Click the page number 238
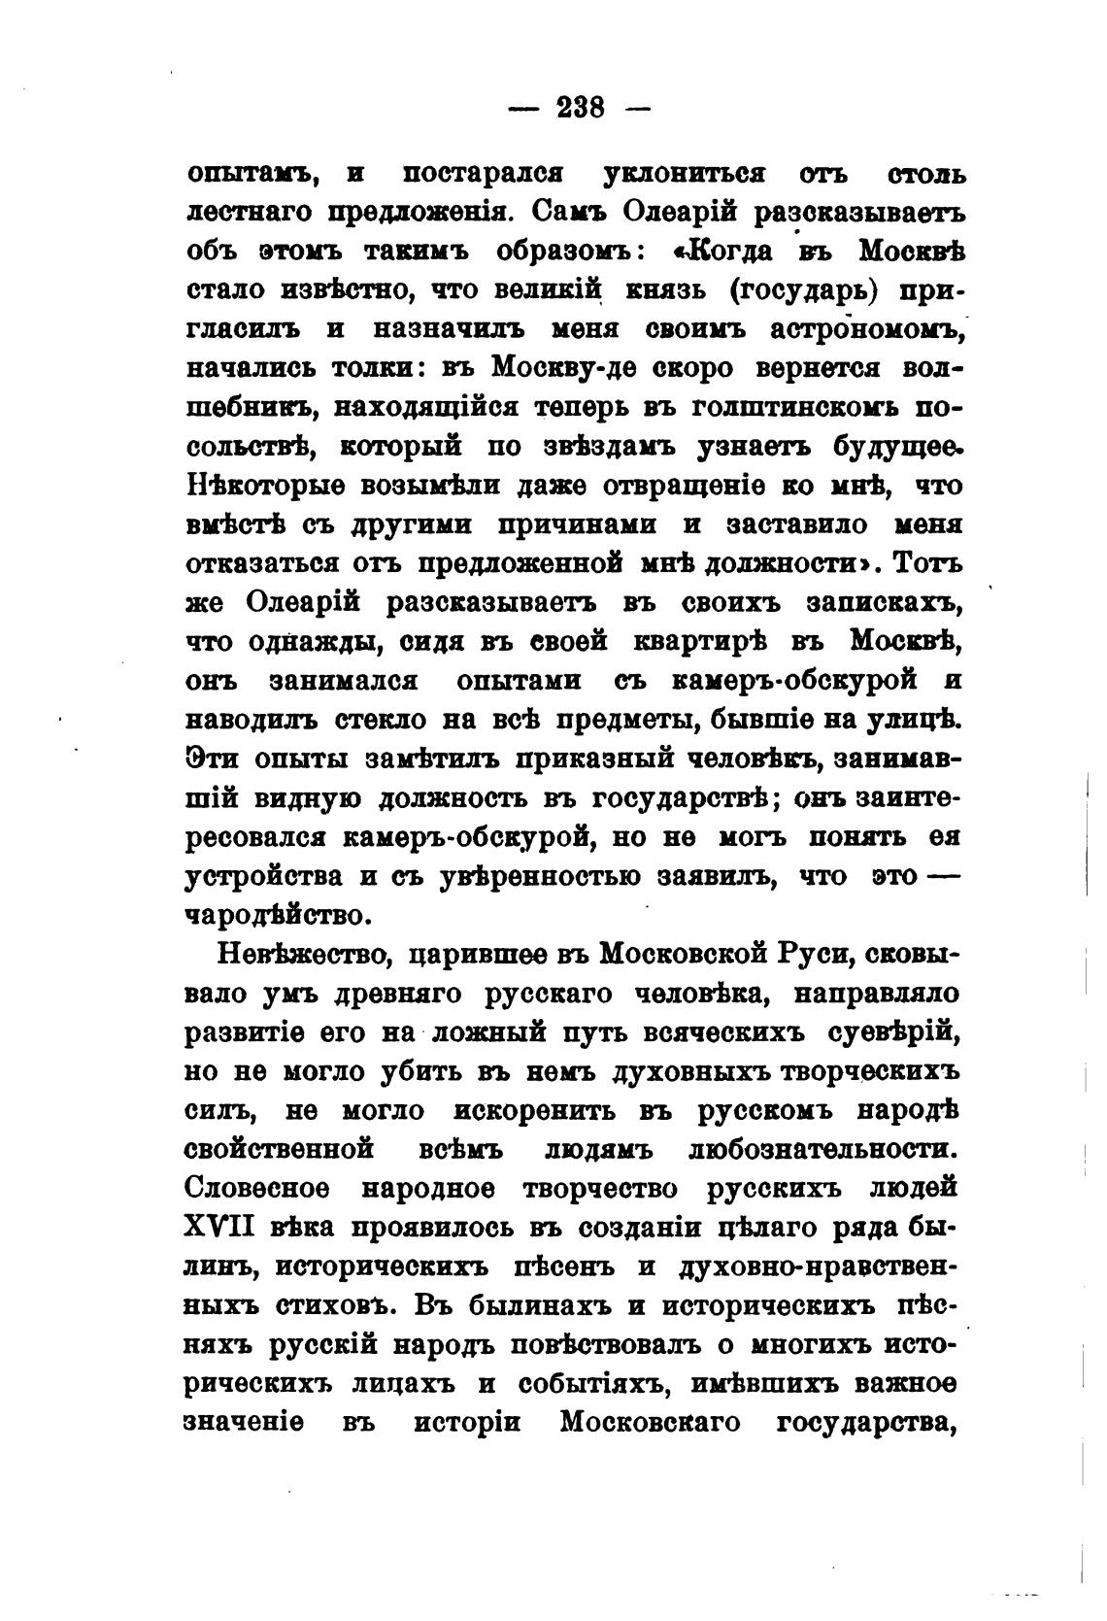click(581, 107)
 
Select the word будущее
click(895, 446)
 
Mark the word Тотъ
click(926, 563)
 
